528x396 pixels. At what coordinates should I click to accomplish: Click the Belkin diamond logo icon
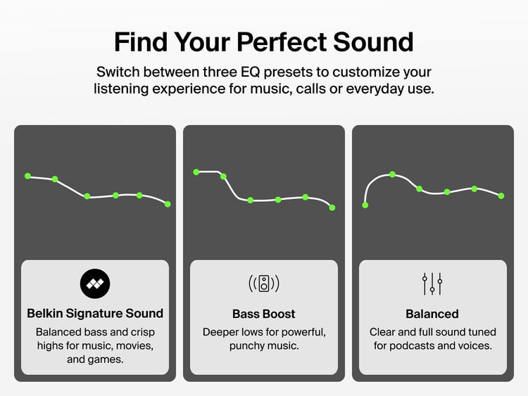coord(95,283)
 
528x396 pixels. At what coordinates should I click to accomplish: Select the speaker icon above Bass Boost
coord(264,283)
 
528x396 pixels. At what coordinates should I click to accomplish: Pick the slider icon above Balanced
coord(432,283)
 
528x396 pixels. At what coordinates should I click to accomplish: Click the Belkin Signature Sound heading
coord(95,314)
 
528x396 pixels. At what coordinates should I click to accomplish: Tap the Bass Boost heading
coord(264,314)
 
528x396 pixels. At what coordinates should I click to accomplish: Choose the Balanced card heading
coord(432,314)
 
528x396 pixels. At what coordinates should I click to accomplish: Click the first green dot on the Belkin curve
coord(28,176)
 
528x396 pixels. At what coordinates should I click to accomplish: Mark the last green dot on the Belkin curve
coord(168,204)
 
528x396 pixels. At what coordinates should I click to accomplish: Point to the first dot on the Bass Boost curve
coord(196,172)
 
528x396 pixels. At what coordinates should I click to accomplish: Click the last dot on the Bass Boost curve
coord(332,207)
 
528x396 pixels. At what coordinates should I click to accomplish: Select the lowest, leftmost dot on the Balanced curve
coord(365,205)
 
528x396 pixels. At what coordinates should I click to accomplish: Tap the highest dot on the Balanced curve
coord(393,174)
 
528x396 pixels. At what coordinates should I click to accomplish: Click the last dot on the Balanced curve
coord(501,196)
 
